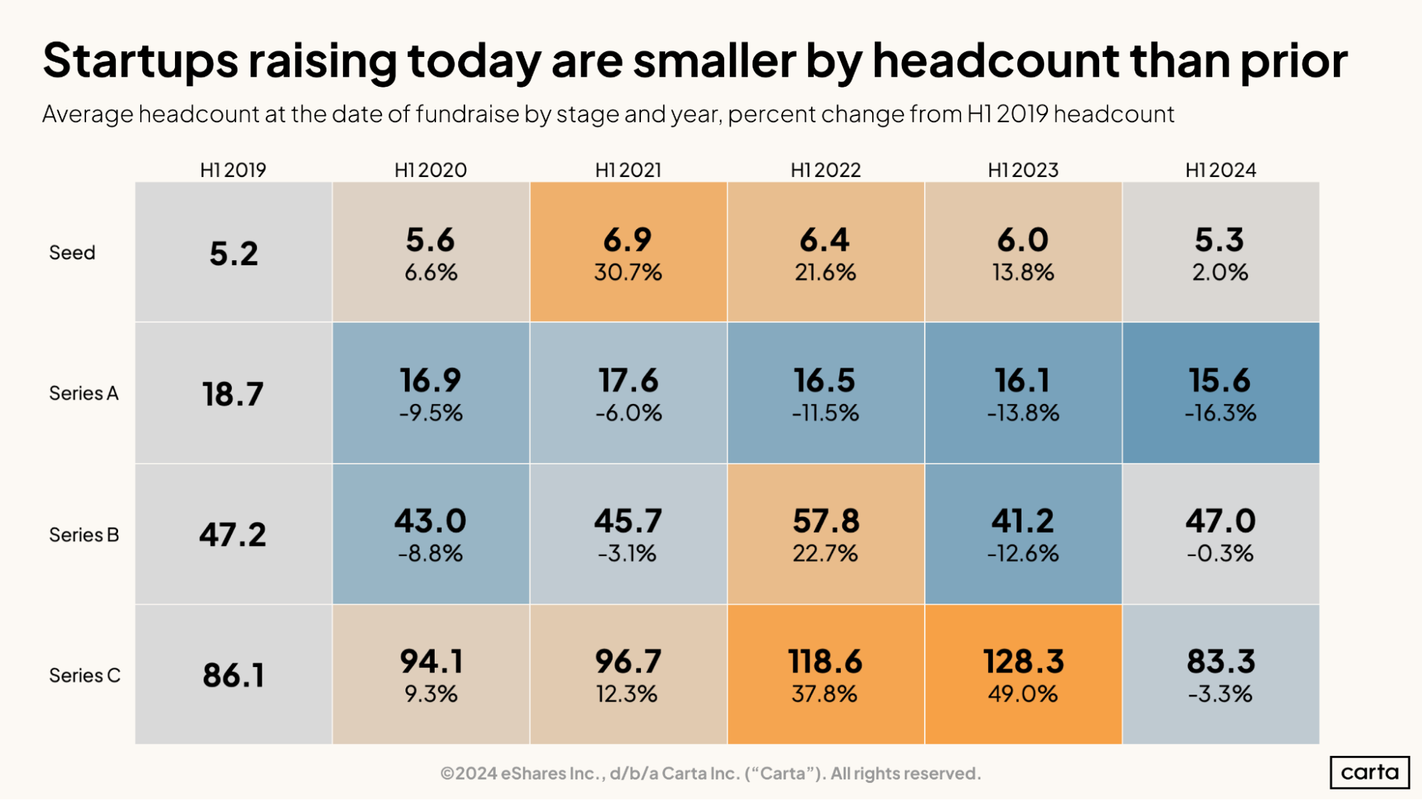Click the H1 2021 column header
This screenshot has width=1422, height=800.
click(628, 170)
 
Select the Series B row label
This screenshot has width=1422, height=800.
click(84, 535)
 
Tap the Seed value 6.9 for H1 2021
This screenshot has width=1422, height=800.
click(627, 240)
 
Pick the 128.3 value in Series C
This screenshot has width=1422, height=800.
click(1023, 661)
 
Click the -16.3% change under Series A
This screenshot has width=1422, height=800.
click(1220, 413)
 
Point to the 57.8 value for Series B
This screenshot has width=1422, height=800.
click(825, 521)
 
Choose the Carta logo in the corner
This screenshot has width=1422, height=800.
click(1369, 772)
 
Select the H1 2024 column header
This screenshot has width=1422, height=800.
click(1220, 170)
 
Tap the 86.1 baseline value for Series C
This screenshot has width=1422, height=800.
click(233, 675)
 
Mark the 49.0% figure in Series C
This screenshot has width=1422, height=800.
click(1023, 694)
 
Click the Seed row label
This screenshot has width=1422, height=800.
click(72, 252)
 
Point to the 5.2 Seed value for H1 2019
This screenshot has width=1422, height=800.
click(233, 253)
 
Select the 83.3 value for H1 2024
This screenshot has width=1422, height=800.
click(1220, 661)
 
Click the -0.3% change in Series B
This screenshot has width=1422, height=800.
click(1220, 553)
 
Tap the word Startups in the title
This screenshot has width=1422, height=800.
click(140, 60)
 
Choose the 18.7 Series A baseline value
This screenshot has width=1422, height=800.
click(233, 394)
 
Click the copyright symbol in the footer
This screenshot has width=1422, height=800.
click(447, 774)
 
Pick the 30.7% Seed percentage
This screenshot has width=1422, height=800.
click(627, 272)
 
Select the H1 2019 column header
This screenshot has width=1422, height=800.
click(233, 170)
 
